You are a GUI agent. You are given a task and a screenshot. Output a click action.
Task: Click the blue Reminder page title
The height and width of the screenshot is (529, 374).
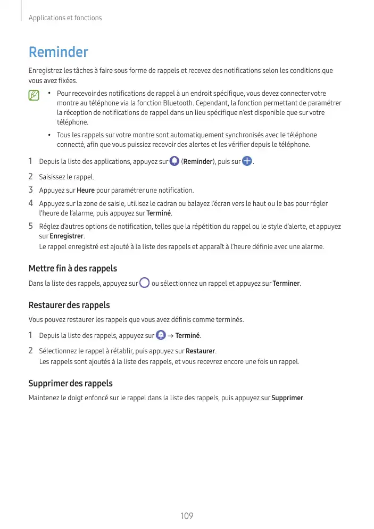pyautogui.click(x=58, y=53)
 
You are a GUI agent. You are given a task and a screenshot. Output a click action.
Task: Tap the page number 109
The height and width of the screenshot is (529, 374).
pyautogui.click(x=187, y=516)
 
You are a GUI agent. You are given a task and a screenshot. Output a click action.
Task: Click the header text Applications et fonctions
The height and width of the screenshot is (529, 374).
pyautogui.click(x=65, y=18)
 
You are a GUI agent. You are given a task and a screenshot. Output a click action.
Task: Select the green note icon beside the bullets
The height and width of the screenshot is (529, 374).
pyautogui.click(x=34, y=96)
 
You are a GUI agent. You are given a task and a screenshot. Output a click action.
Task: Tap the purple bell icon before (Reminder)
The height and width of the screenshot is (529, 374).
pyautogui.click(x=174, y=161)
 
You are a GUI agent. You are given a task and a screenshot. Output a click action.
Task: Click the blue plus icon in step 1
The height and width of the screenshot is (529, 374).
pyautogui.click(x=247, y=161)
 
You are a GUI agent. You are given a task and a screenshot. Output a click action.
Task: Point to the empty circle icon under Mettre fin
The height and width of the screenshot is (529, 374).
pyautogui.click(x=144, y=283)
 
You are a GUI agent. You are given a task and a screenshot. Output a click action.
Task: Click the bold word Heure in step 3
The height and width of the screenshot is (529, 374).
pyautogui.click(x=86, y=190)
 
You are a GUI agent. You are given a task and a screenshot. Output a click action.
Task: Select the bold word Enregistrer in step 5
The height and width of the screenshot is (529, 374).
pyautogui.click(x=67, y=236)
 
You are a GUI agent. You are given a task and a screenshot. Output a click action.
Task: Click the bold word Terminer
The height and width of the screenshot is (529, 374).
pyautogui.click(x=286, y=284)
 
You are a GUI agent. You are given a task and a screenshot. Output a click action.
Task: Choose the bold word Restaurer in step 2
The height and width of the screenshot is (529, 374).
pyautogui.click(x=201, y=351)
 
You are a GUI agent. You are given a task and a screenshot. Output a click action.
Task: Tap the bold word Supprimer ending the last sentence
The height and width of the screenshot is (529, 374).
pyautogui.click(x=288, y=398)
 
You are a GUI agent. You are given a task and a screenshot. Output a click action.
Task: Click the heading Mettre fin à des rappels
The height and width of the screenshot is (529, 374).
pyautogui.click(x=72, y=268)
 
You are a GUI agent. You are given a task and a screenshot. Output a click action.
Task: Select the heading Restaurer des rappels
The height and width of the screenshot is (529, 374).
pyautogui.click(x=69, y=305)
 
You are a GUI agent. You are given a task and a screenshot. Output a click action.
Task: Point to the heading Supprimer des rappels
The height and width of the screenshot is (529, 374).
pyautogui.click(x=70, y=383)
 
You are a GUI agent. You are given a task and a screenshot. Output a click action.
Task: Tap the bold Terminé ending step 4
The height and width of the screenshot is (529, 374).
pyautogui.click(x=159, y=213)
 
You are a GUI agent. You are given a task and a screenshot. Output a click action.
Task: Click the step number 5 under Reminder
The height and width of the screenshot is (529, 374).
pyautogui.click(x=31, y=226)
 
